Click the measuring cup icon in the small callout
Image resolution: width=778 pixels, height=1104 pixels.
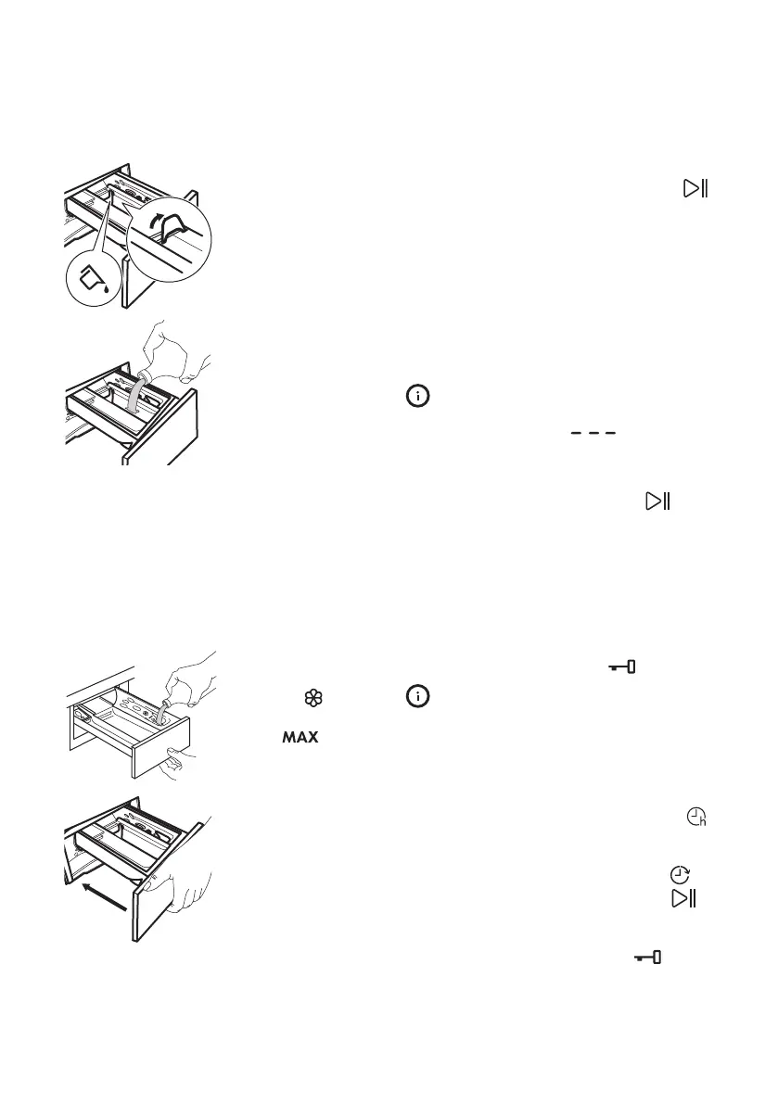click(x=92, y=275)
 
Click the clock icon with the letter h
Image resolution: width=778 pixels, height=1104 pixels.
click(x=695, y=818)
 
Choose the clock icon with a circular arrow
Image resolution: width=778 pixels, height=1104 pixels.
click(x=680, y=875)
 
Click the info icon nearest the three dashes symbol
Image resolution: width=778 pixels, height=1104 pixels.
click(x=419, y=396)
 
